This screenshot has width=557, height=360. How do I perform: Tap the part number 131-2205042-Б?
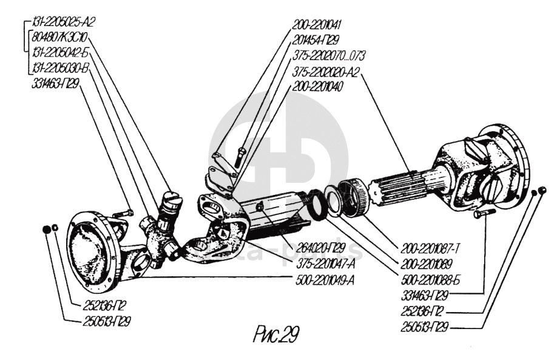[60, 53]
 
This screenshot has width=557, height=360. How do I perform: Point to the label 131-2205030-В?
[60, 69]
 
